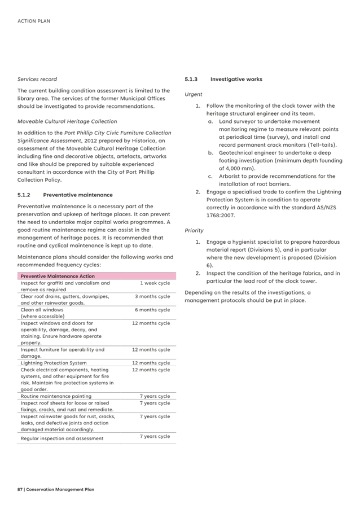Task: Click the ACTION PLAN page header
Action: pos(34,21)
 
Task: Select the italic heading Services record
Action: pos(37,79)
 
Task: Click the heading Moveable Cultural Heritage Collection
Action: pos(67,121)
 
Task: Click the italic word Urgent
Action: pos(194,94)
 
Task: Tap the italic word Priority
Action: pos(194,231)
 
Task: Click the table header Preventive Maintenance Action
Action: pos(58,276)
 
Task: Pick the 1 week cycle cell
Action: pos(155,283)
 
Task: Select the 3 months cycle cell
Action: pos(152,296)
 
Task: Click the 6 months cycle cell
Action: pos(152,310)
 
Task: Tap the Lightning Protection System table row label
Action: pos(54,363)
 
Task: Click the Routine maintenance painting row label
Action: pos(56,396)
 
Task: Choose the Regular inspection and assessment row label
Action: pos(62,438)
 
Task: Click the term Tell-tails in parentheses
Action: pos(321,144)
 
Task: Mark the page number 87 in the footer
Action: pos(20,489)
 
